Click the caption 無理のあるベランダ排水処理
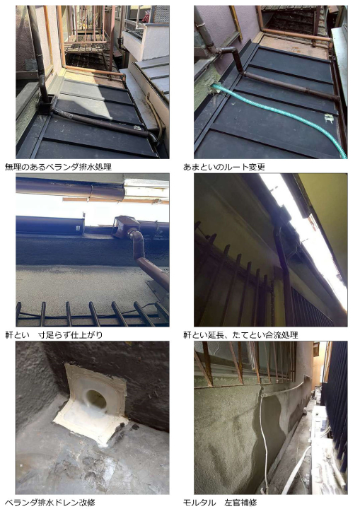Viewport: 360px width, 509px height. tap(59, 167)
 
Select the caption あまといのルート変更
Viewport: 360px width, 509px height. tap(224, 167)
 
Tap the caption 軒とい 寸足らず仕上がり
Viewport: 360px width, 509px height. tap(54, 334)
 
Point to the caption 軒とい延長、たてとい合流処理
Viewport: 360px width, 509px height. tap(240, 334)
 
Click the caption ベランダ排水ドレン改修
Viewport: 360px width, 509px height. tap(50, 503)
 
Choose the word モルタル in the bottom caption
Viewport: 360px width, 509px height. tap(199, 503)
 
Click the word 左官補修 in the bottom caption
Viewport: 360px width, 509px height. tap(240, 503)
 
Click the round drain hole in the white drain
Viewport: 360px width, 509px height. tap(95, 400)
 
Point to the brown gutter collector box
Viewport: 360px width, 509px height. tap(121, 225)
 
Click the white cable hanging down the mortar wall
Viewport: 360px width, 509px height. tap(265, 438)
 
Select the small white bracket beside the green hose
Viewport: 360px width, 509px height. tap(330, 119)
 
